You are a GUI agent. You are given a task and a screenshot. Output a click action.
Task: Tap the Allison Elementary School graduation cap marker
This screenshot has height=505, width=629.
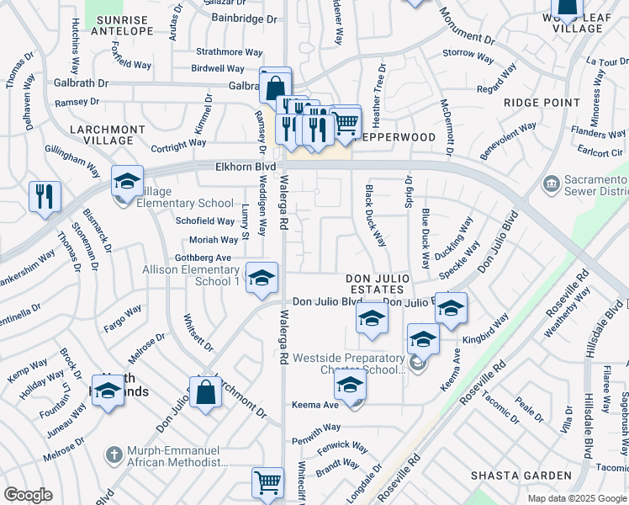(262, 278)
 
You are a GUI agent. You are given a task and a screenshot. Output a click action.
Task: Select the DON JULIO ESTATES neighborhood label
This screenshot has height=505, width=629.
(378, 283)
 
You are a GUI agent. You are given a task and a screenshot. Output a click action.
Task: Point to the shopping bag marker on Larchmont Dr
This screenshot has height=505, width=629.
(205, 392)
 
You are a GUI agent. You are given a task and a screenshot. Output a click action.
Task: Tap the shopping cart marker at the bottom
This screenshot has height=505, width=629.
(267, 483)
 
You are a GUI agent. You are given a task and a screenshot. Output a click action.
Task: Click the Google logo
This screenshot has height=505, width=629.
(29, 495)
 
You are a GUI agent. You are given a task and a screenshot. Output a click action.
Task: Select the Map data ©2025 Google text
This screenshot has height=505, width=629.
(577, 498)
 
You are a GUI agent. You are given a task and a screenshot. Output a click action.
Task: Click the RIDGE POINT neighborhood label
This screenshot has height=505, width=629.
(542, 103)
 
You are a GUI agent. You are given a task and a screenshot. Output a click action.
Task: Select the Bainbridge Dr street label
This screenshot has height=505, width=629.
(244, 18)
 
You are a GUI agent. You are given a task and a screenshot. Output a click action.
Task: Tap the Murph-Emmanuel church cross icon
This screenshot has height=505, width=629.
(113, 455)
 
